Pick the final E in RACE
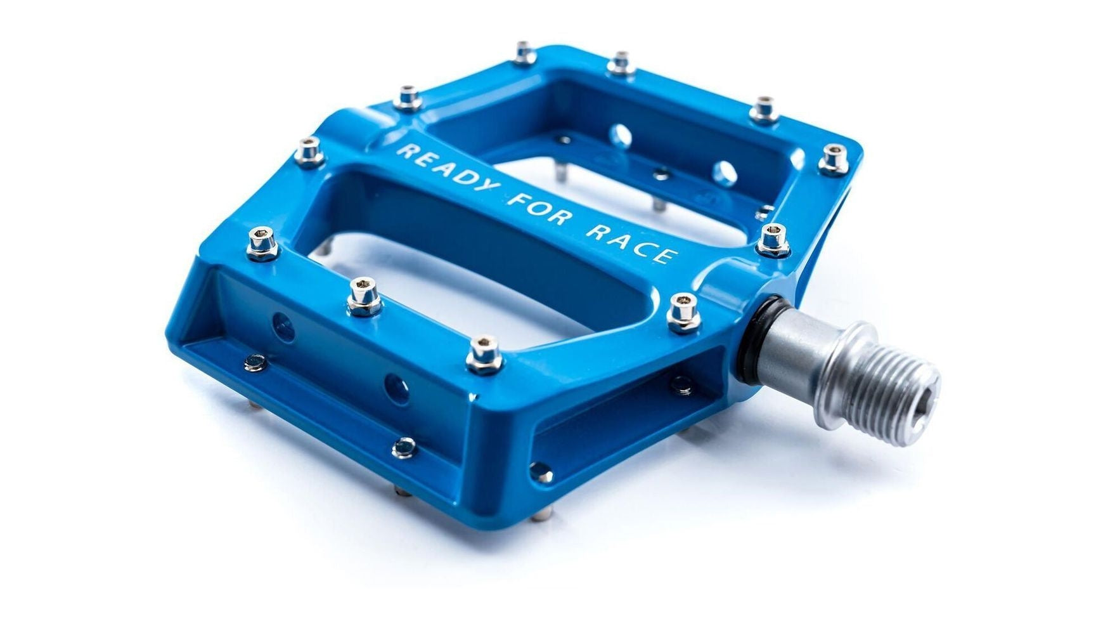(x=666, y=256)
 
